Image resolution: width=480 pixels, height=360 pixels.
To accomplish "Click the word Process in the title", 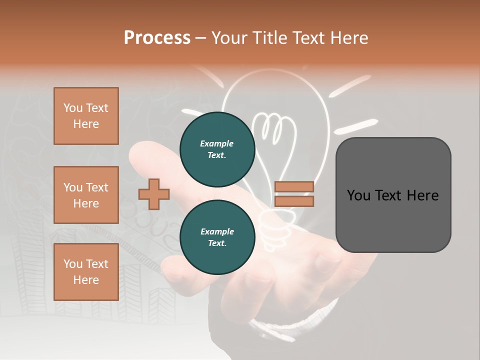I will tap(157, 38).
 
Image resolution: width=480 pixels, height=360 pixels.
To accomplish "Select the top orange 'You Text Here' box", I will tap(86, 116).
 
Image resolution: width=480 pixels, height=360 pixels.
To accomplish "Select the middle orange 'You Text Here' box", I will tap(86, 195).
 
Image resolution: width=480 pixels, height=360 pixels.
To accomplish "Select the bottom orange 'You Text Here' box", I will tap(86, 272).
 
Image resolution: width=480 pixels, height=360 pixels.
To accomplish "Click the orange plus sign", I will tap(154, 194).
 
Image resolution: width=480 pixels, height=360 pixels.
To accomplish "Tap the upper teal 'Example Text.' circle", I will tap(217, 149).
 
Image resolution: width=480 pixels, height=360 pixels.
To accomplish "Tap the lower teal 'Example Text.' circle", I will tap(217, 237).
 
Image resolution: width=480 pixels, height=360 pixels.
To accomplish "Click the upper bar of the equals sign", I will tap(294, 186).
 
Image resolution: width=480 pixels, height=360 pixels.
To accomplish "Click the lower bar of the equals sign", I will tap(294, 201).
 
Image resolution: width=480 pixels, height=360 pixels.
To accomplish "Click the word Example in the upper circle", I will tap(217, 143).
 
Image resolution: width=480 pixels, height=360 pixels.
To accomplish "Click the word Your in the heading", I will tap(229, 38).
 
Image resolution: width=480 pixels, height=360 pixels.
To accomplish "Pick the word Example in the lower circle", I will tap(217, 231).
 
